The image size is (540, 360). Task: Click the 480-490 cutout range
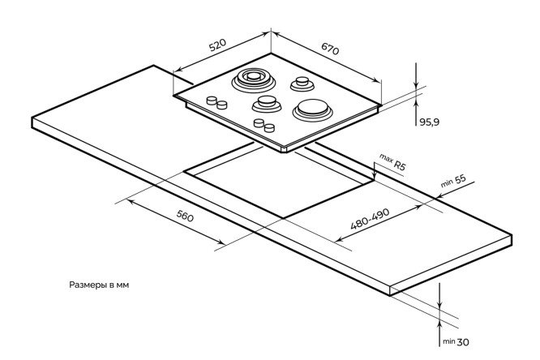pos(371,220)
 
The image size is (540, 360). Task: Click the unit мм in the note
pos(122,285)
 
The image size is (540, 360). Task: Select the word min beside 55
pos(446,186)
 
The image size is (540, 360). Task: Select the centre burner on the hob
pos(265,103)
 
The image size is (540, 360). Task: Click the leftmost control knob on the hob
pos(210,101)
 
